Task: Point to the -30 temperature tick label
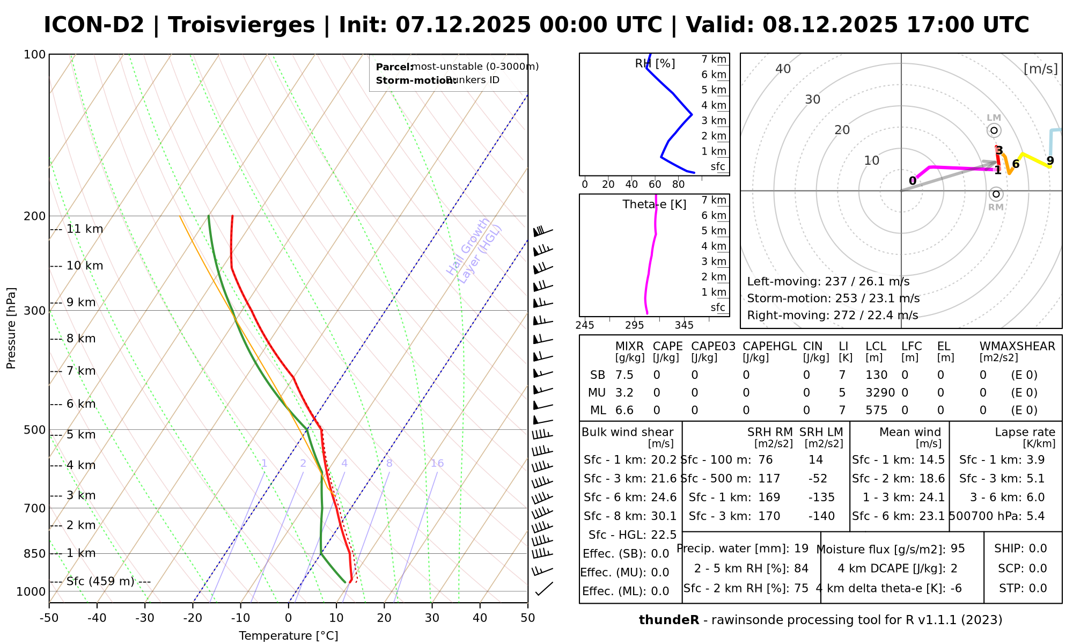(x=145, y=618)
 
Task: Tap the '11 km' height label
(x=85, y=229)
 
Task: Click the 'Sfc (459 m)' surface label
(x=100, y=581)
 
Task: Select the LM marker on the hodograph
(x=994, y=130)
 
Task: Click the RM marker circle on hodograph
(x=996, y=194)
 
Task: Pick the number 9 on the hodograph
(x=1050, y=160)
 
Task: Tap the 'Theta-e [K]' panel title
(x=655, y=204)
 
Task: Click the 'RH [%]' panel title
(x=655, y=63)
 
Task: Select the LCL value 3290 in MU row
(x=880, y=393)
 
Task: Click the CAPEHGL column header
(x=769, y=346)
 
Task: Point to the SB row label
(x=598, y=375)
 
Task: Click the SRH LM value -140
(x=821, y=516)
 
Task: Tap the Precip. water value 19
(x=801, y=548)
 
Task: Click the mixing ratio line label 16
(x=437, y=463)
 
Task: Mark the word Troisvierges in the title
(x=241, y=25)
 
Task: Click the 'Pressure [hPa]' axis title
(x=11, y=328)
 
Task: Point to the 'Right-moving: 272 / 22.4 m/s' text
(x=832, y=315)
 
